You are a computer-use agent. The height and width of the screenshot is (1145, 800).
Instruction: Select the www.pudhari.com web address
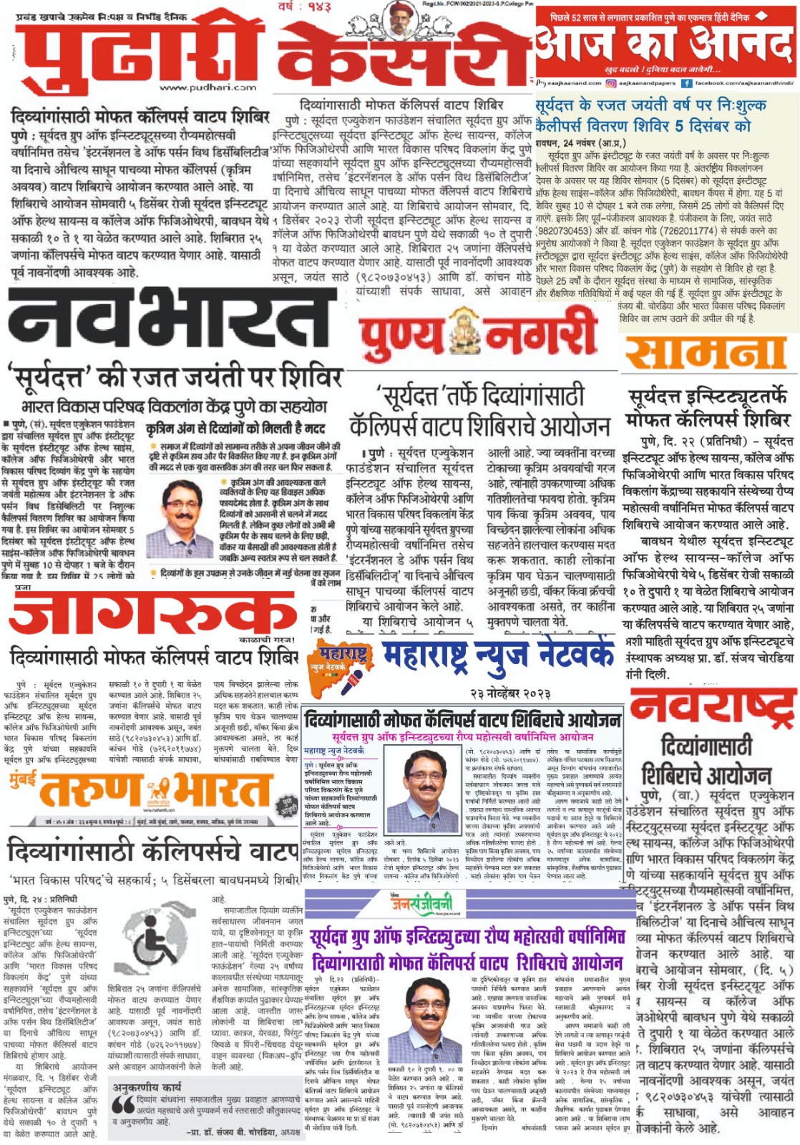click(208, 87)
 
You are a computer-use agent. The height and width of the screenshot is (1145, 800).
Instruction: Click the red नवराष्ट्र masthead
click(713, 706)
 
